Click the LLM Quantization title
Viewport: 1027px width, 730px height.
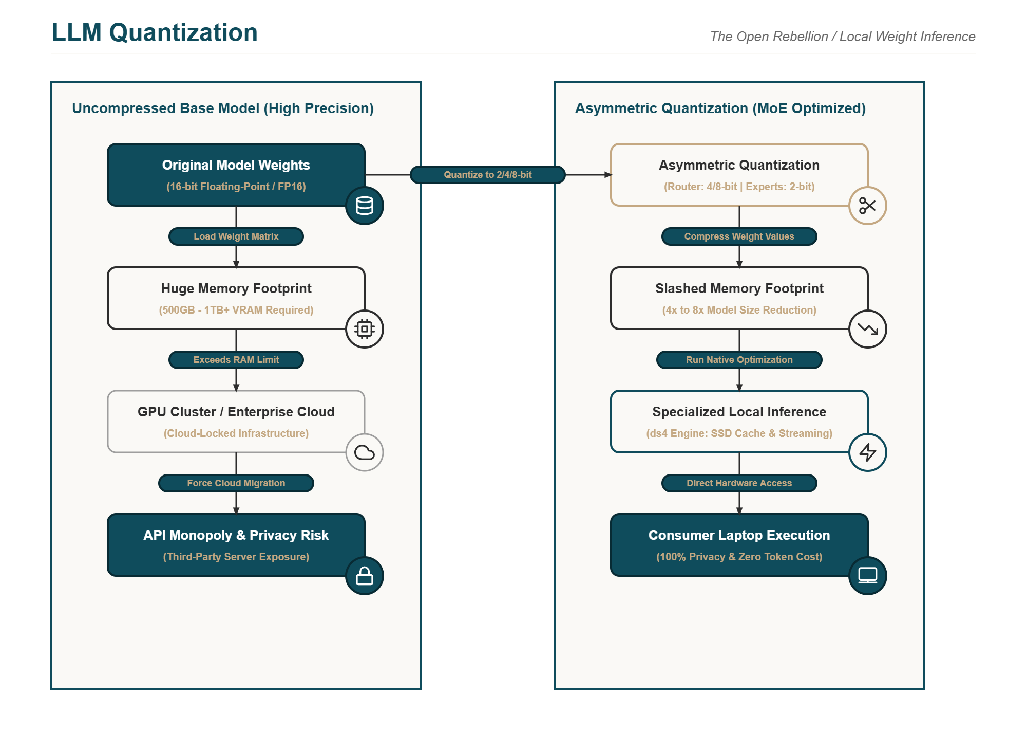point(155,33)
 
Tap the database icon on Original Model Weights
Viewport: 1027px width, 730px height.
point(365,206)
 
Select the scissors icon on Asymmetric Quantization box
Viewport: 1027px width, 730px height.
point(868,206)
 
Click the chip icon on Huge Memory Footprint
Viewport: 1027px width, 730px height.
point(365,329)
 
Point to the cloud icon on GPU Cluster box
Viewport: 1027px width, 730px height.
point(365,452)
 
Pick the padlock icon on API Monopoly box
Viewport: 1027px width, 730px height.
point(365,576)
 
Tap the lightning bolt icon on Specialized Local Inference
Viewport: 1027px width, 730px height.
point(868,452)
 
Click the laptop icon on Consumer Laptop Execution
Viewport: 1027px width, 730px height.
point(868,576)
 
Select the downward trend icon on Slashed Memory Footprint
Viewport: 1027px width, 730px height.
point(868,329)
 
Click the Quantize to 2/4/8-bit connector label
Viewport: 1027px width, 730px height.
point(488,175)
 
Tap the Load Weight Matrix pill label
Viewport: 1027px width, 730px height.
point(236,236)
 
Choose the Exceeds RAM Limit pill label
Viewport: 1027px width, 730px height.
point(236,360)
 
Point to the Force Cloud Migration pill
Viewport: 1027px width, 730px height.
point(236,483)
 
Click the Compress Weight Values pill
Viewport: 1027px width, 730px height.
point(739,236)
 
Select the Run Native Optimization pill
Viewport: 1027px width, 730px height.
point(739,360)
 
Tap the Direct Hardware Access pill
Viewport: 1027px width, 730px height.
point(739,483)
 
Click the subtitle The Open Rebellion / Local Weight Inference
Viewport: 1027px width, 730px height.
point(843,36)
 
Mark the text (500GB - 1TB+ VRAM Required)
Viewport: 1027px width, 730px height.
point(236,310)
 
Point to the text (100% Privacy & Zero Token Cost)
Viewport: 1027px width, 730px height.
point(739,557)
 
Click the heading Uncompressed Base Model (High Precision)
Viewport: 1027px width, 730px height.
point(223,108)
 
